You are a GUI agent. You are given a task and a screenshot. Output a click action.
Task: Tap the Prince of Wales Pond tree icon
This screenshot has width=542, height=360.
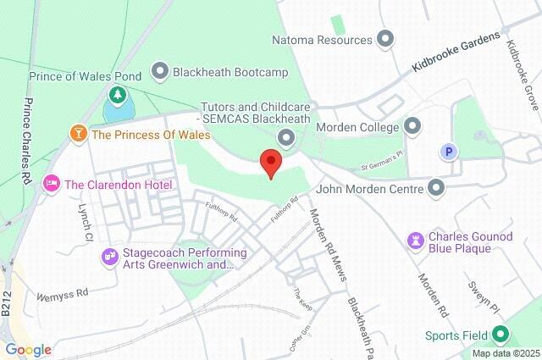pyautogui.click(x=118, y=93)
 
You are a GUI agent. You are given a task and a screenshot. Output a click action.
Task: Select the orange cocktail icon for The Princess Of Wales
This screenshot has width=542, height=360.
pyautogui.click(x=79, y=134)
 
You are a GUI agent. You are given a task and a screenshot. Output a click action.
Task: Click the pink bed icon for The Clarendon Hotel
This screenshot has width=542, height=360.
pyautogui.click(x=53, y=184)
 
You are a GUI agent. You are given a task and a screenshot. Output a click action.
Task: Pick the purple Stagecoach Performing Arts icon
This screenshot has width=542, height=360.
pyautogui.click(x=110, y=255)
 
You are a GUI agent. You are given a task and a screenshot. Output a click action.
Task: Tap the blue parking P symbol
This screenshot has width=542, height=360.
pyautogui.click(x=446, y=152)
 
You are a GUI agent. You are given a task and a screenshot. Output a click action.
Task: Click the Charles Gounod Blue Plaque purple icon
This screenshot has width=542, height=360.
pyautogui.click(x=416, y=241)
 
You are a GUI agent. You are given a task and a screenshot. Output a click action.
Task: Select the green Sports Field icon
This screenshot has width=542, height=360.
pyautogui.click(x=501, y=335)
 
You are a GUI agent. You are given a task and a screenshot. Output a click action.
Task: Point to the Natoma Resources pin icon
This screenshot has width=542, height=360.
pyautogui.click(x=386, y=40)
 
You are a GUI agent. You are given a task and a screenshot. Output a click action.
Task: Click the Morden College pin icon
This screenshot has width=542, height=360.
pyautogui.click(x=413, y=127)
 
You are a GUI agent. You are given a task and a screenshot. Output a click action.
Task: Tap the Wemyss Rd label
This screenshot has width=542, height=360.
pyautogui.click(x=63, y=296)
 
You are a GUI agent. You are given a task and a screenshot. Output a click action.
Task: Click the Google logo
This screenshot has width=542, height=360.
pyautogui.click(x=27, y=350)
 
